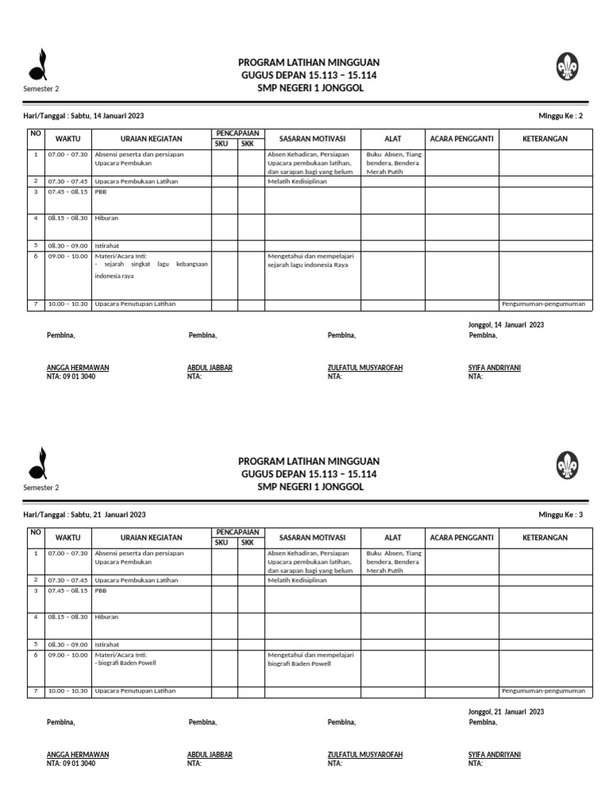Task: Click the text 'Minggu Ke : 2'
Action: [561, 116]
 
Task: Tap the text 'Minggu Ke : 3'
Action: [561, 515]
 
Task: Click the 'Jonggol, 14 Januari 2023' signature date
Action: [506, 324]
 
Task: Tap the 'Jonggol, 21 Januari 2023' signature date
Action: [506, 712]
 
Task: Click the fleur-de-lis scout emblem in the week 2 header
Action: [567, 67]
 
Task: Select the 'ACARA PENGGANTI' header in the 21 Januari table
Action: [462, 538]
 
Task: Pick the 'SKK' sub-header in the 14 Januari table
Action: [247, 144]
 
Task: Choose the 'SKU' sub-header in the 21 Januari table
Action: [221, 542]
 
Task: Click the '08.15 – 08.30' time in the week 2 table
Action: [67, 217]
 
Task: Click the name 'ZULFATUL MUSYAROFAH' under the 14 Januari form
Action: [365, 368]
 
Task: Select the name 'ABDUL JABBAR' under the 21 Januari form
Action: [209, 755]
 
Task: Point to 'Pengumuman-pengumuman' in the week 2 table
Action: [544, 304]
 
